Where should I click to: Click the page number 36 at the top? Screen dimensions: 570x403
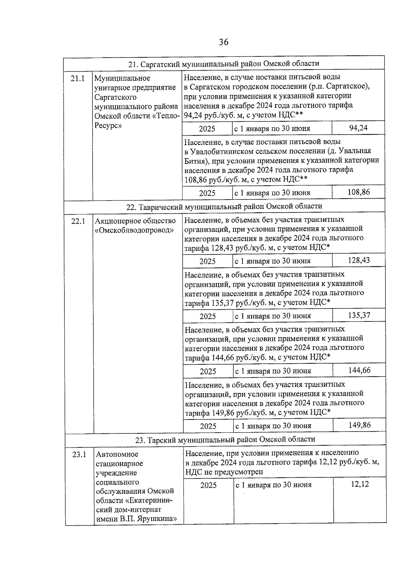224,42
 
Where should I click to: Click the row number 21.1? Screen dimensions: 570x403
78,79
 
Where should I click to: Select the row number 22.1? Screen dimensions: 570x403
78,221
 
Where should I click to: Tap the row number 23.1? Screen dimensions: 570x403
79,454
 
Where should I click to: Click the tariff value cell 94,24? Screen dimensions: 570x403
358,128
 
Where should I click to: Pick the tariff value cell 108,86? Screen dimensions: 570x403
359,192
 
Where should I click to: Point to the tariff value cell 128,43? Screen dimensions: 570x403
359,260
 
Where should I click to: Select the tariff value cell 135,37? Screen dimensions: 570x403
359,315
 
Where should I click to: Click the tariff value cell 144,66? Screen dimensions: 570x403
359,370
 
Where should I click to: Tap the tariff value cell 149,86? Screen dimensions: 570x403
360,425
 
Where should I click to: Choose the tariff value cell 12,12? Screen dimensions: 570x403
360,484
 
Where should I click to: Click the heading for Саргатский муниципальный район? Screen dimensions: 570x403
224,63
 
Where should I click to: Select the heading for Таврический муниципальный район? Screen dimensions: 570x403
224,206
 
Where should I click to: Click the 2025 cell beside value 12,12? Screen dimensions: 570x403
209,485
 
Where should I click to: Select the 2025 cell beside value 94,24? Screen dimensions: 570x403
207,129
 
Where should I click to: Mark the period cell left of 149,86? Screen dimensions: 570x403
273,426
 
